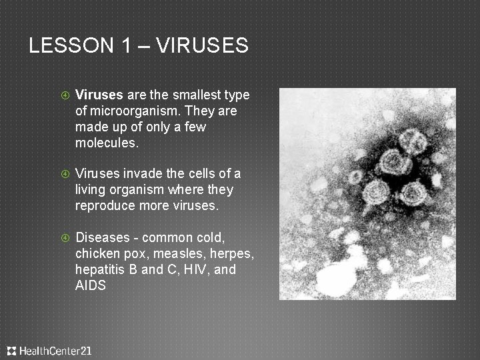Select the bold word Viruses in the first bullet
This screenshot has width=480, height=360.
[x=98, y=95]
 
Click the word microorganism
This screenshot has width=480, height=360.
[x=127, y=110]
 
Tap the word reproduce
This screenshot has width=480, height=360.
[x=106, y=206]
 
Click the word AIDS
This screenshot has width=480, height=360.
[x=91, y=286]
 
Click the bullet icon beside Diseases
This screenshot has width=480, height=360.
[x=65, y=238]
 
